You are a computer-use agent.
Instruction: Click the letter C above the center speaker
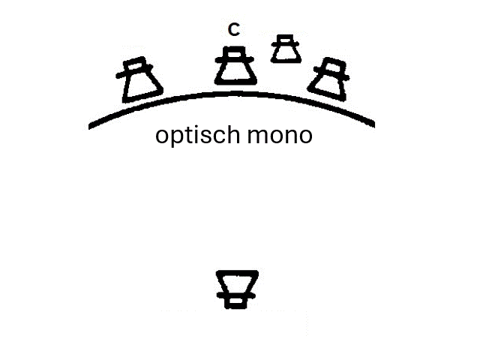tap(234, 30)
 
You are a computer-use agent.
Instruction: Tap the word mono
tap(280, 136)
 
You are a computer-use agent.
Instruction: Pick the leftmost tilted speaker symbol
tap(139, 79)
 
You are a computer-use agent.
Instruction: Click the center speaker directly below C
tap(235, 65)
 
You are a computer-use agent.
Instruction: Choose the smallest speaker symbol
tap(286, 49)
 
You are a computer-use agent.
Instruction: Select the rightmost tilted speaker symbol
tap(328, 79)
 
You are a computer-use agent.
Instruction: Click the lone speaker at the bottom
tap(236, 289)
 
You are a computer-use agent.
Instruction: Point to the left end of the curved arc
tap(89, 127)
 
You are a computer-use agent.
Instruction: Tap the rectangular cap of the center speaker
tap(235, 52)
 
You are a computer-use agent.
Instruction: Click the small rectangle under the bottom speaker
tap(235, 303)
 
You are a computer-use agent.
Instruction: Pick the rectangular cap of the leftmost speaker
tap(134, 64)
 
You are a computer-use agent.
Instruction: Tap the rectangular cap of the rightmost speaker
tap(334, 65)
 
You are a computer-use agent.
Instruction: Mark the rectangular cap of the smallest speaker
tap(285, 39)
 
